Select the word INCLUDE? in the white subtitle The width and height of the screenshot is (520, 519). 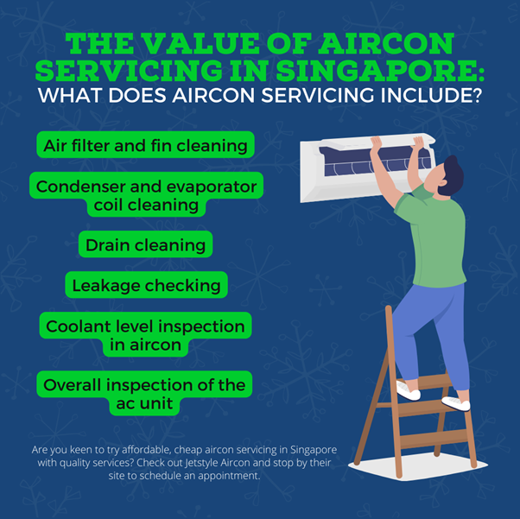click(431, 96)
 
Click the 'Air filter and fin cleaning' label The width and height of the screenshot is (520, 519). click(146, 145)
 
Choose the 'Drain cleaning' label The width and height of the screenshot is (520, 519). click(146, 244)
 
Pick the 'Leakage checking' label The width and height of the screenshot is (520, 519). click(146, 285)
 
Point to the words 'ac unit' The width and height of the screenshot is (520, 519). click(144, 403)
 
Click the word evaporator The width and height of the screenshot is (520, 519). click(212, 187)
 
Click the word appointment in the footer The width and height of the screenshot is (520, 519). click(229, 476)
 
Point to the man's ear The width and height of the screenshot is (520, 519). click(442, 183)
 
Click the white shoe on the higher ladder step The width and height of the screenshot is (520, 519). click(409, 391)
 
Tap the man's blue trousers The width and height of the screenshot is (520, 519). click(430, 336)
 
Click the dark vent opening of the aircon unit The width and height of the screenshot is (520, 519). click(375, 161)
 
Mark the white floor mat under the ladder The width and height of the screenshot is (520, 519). click(418, 466)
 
